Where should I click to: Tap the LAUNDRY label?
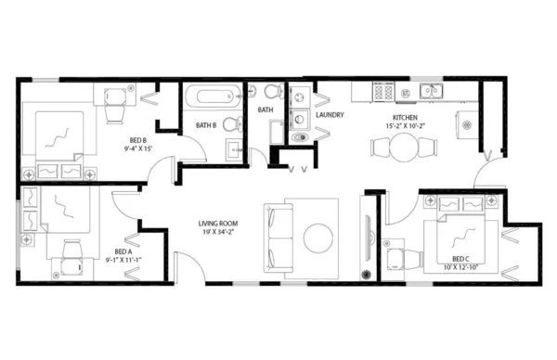[x=330, y=116]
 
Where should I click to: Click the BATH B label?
[x=206, y=125]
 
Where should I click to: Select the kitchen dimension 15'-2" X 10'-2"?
[x=406, y=126]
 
